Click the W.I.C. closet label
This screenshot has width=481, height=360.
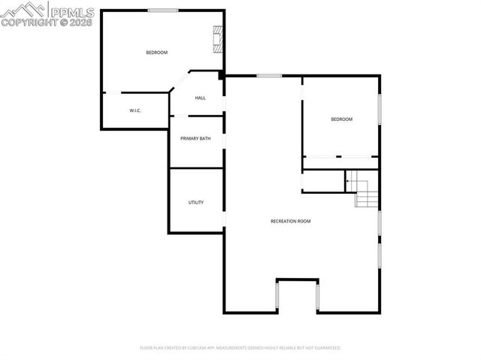(135, 110)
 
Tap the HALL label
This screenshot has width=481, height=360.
(201, 98)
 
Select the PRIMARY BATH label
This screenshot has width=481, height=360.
(195, 139)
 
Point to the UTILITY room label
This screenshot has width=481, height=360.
(196, 202)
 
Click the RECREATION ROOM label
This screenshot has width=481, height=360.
(291, 221)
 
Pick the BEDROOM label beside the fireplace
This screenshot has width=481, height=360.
(156, 52)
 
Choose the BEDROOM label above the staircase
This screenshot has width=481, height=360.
(341, 119)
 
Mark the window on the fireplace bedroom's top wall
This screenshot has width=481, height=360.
(162, 10)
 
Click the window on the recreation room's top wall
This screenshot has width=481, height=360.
(269, 75)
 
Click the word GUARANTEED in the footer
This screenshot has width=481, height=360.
(325, 348)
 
